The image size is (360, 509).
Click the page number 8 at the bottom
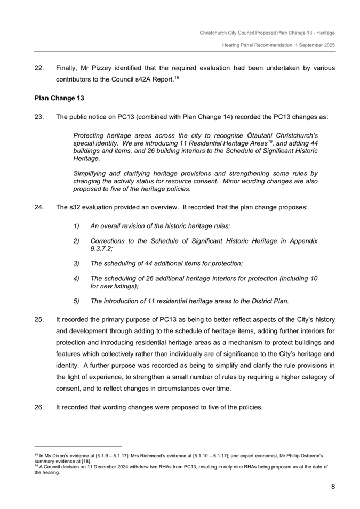click(332, 486)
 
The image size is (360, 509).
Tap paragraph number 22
click(38, 68)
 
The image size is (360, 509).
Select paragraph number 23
click(38, 116)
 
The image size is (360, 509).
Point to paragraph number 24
click(38, 207)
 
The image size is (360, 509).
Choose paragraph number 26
click(38, 407)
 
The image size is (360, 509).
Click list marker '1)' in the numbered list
click(77, 226)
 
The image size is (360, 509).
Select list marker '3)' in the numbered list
click(77, 263)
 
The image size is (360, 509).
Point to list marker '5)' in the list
click(77, 301)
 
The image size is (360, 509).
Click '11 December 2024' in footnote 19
click(91, 466)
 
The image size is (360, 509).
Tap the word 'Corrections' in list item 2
click(110, 241)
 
